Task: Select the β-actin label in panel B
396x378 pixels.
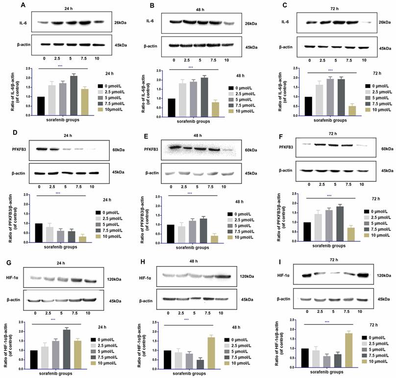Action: click(x=150, y=46)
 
